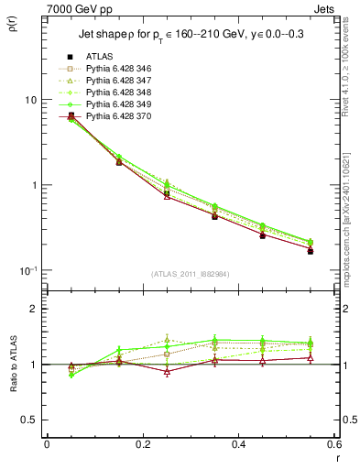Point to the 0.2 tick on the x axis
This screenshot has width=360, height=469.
pyautogui.click(x=142, y=444)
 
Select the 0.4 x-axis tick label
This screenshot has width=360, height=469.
pyautogui.click(x=238, y=444)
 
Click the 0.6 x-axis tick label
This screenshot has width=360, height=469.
pyautogui.click(x=334, y=444)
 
